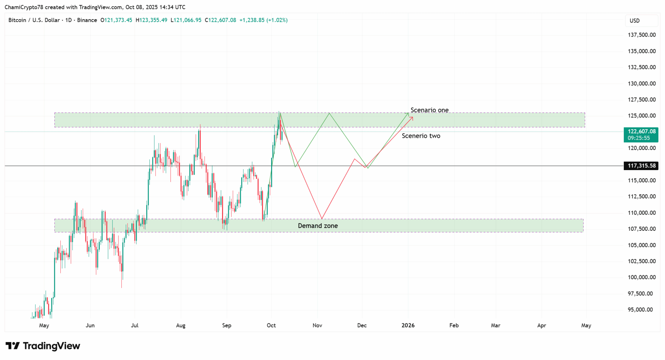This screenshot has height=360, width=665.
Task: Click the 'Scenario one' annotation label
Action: coord(429,110)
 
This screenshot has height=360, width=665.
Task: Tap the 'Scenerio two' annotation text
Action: coord(421,136)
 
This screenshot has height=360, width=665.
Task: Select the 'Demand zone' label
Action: coord(318,226)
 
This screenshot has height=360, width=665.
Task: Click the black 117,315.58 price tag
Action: coord(641,166)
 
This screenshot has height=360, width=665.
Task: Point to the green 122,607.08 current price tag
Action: coord(641,131)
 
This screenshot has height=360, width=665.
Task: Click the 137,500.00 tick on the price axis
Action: coord(642,35)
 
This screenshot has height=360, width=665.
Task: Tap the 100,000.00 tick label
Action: coord(642,277)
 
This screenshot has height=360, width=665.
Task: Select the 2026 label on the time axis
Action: coord(408,325)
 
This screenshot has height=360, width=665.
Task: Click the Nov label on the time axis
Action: coord(317,325)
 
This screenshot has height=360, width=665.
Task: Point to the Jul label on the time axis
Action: coord(134,325)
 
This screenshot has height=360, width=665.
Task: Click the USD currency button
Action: coord(635,21)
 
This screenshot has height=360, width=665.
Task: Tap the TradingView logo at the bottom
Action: coord(43,346)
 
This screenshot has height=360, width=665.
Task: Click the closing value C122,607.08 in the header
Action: coord(220,20)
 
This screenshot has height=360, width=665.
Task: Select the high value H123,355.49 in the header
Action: coord(151,20)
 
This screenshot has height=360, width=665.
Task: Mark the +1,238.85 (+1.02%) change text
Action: coord(263,20)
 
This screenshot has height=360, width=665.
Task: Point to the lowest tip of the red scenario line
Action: coord(321,218)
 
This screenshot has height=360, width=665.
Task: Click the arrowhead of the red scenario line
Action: coord(412,117)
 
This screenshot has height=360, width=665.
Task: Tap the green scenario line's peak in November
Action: coord(329,113)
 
